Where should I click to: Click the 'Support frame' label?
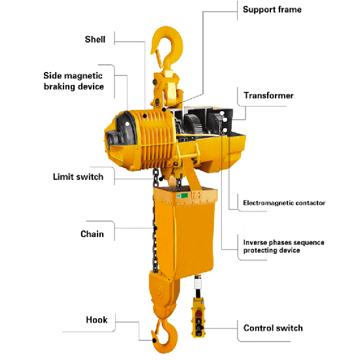coord(272,10)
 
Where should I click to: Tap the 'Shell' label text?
coord(95,39)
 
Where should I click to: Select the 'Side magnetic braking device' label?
coord(73,81)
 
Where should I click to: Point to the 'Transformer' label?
coord(268,96)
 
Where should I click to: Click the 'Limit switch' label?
coord(78,177)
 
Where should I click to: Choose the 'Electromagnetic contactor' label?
coord(284,203)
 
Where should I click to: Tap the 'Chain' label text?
coord(92,234)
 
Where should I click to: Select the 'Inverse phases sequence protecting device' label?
coord(284,246)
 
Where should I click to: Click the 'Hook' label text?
coord(97,320)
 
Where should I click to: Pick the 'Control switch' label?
coord(273,328)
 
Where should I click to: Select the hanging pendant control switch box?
coord(198,317)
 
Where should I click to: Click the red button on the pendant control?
coord(198,314)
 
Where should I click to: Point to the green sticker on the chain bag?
coord(182,196)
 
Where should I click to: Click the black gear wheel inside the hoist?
coord(194,125)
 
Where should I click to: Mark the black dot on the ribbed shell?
coord(145,116)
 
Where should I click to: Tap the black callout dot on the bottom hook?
coord(154,340)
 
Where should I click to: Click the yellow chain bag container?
coord(185,232)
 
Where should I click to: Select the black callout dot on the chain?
coord(155,228)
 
